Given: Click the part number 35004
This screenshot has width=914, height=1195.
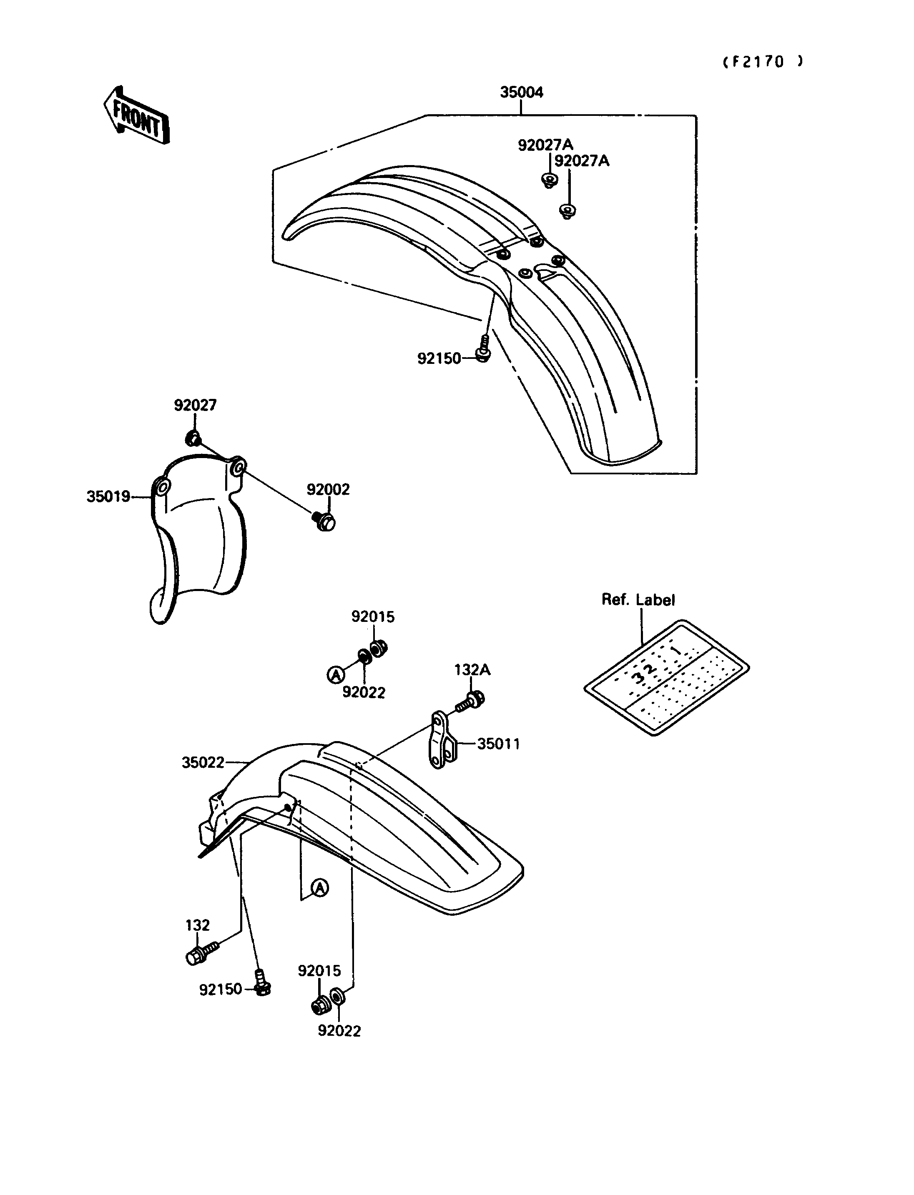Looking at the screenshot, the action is tap(521, 93).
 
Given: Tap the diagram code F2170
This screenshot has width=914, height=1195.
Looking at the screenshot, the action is tap(762, 62).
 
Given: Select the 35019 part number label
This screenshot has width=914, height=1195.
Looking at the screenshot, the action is tap(108, 496).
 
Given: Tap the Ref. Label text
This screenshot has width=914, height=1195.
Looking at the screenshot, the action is tap(638, 600).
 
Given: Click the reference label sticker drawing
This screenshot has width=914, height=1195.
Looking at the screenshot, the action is tap(666, 677).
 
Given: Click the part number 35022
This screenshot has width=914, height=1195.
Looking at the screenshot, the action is tap(203, 763).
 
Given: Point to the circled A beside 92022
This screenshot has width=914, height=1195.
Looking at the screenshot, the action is tap(336, 675).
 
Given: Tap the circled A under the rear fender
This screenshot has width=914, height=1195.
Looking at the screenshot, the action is tap(320, 888).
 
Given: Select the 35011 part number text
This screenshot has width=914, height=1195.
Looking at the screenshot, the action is tap(498, 744).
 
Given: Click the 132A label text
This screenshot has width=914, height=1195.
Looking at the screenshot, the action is tap(472, 671).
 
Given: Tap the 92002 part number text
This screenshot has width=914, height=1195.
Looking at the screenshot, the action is tap(328, 489).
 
